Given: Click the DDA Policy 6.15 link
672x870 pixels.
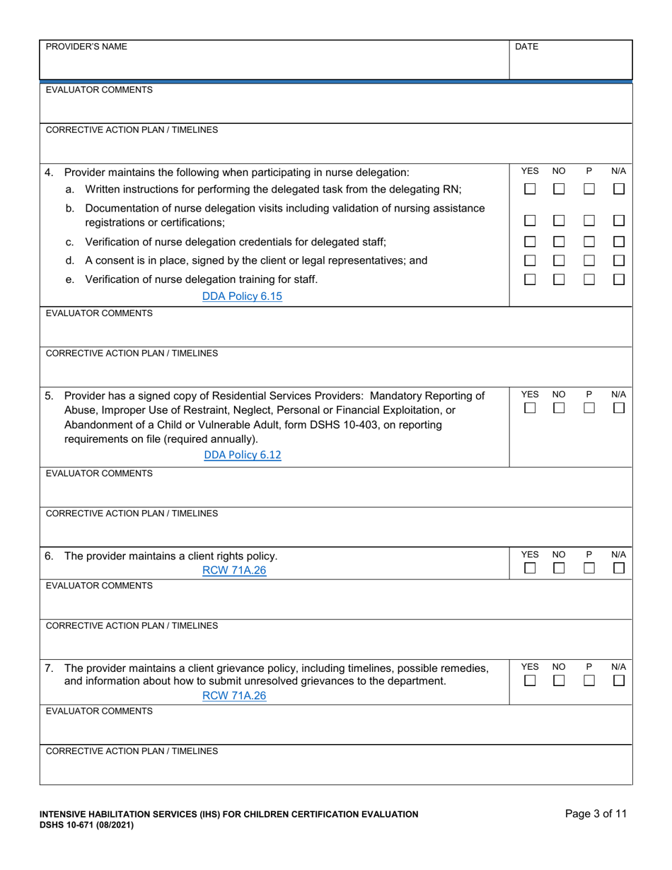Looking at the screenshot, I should pos(242,296).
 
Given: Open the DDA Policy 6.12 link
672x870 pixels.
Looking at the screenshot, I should pos(242,455).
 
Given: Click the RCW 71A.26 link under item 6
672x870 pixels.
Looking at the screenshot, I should pos(234,571).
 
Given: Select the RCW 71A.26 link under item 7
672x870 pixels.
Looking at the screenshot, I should pos(234,695).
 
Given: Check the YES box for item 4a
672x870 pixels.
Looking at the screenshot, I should pos(530,190).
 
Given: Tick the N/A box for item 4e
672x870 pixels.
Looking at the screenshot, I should pos(619,279).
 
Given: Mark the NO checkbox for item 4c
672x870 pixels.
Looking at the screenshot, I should pos(559,242).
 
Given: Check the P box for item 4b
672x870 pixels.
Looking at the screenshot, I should pos(589,221).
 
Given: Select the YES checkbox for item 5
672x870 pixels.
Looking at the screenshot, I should pos(530,409).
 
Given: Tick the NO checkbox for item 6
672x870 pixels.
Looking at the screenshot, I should pos(559,568).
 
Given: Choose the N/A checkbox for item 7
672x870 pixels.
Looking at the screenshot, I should pos(619,680).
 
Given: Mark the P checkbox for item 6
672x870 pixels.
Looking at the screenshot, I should pos(589,568).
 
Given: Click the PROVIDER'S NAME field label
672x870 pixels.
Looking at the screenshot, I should pos(86,47).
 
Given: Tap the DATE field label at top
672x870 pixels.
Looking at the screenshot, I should pos(526,47).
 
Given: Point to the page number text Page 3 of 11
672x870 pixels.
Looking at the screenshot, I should pos(596,813).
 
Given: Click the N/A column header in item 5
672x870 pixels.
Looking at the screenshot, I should pos(618,394).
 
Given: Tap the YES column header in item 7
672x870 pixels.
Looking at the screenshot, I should pos(530,666).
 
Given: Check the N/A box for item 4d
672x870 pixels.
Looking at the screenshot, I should pos(619,261).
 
